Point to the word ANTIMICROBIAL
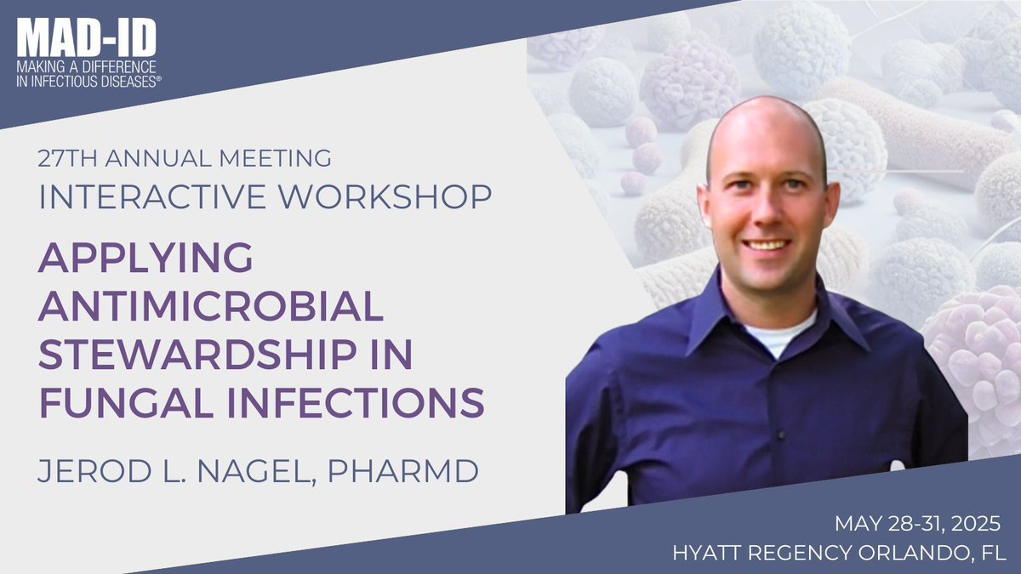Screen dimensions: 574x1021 click(211, 305)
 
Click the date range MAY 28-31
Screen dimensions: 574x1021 click(881, 520)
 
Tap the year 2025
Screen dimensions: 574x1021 click(975, 520)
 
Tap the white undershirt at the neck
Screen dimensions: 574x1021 click(770, 337)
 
